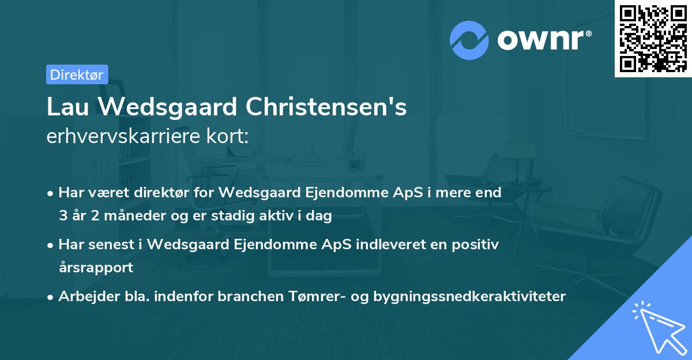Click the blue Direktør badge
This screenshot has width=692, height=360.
pos(77,74)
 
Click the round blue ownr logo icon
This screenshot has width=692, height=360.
pos(469,40)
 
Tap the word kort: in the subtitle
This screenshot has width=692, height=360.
pos(231,137)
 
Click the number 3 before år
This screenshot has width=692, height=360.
pos(62,216)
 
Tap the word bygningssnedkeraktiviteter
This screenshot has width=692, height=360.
pos(470,297)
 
